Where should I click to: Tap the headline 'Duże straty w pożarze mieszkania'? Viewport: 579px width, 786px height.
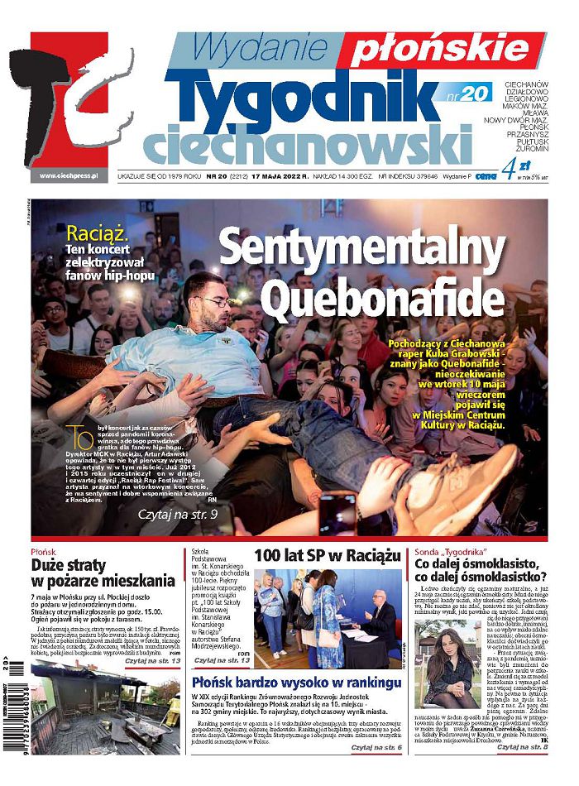tap(103, 573)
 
